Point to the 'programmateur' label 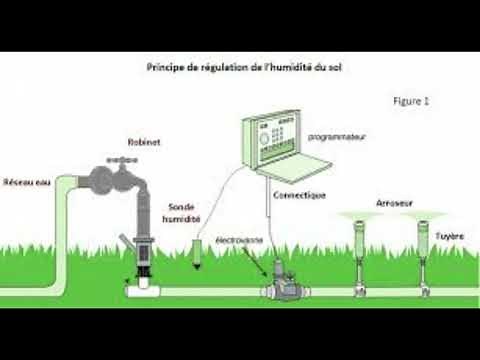click(x=335, y=134)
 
